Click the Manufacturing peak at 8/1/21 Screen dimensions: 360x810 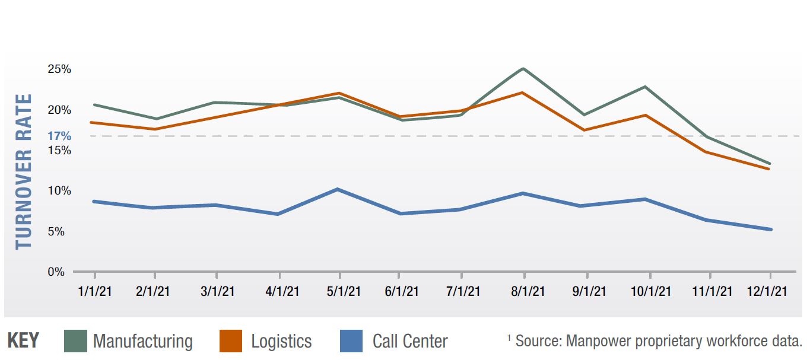[x=523, y=69]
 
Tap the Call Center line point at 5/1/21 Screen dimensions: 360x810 [x=338, y=189]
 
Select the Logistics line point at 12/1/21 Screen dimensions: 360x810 [x=770, y=169]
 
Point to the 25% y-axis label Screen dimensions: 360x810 [x=59, y=69]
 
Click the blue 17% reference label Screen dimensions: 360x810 [x=59, y=136]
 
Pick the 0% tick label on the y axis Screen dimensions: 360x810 [x=56, y=272]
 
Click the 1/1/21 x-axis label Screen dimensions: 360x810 [x=94, y=291]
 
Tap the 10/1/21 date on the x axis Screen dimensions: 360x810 [x=651, y=291]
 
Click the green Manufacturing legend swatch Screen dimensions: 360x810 [x=75, y=341]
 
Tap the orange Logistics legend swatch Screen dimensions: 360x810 [x=231, y=341]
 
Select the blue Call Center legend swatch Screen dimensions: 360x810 [x=351, y=341]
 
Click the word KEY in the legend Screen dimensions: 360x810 [x=23, y=341]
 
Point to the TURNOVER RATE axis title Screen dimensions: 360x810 [x=24, y=171]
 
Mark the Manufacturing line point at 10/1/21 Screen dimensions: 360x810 [x=645, y=87]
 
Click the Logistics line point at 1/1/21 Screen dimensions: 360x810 [x=94, y=122]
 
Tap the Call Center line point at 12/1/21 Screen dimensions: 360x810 [x=770, y=230]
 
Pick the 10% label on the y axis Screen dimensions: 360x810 [x=59, y=191]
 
